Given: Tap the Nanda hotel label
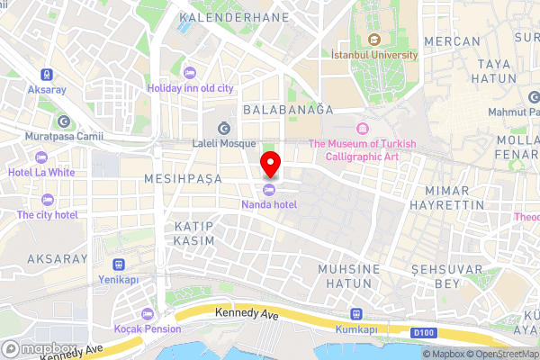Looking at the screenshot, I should coord(269,204).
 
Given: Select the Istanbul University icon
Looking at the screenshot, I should coord(373,39).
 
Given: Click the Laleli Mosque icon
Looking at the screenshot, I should coord(223,126).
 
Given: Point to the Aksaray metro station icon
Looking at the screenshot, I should coord(45,76).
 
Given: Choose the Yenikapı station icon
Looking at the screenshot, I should coord(118,265).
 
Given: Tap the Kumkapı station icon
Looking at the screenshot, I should coord(356,315).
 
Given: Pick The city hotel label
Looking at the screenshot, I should coord(47,214).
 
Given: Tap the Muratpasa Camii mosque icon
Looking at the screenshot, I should coord(64,121).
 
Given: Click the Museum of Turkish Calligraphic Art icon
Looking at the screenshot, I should coord(362,128).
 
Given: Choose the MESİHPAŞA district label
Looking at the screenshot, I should coord(183,180).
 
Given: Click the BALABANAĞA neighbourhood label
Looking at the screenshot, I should coord(288,109).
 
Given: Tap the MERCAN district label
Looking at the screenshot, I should coord(451,41).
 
